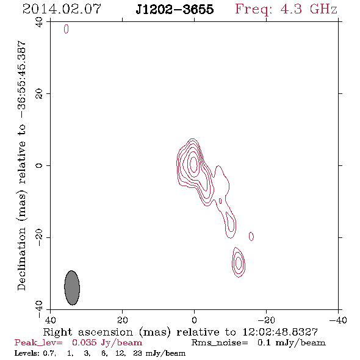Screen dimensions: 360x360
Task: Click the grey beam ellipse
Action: pos(72,287)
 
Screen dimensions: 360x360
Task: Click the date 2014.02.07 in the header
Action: pos(62,9)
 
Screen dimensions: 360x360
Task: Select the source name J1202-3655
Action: pos(175,9)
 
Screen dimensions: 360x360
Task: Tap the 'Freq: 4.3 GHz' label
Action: pos(286,9)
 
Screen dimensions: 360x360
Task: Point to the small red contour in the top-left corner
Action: pos(66,29)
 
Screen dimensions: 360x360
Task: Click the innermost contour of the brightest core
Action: pos(194,164)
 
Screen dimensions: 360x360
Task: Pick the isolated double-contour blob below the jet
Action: pos(239,262)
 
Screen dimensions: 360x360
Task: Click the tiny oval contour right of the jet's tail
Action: pos(251,236)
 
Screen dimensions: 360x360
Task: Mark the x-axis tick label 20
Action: pos(122,320)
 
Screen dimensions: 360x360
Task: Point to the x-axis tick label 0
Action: pos(194,320)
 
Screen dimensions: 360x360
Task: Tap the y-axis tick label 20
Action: pos(39,94)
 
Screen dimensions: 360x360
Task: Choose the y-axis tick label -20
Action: pos(39,237)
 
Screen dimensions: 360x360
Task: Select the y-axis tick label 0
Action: pos(39,165)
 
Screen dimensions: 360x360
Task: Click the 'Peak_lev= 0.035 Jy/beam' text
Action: pos(78,342)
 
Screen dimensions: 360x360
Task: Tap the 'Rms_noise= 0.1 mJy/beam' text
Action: pos(258,342)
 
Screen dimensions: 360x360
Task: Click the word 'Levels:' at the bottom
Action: pos(27,353)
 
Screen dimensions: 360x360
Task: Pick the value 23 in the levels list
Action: pos(137,353)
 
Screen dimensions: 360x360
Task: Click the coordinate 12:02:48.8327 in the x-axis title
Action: pos(280,332)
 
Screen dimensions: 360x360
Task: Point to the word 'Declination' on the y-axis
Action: pos(21,259)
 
